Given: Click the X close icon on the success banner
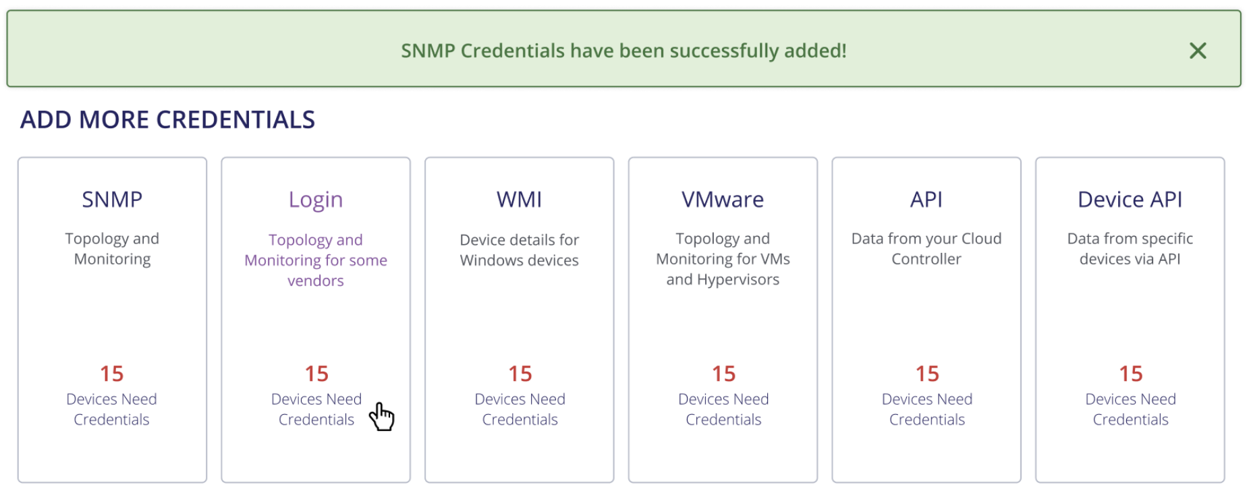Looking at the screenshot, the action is (1198, 51).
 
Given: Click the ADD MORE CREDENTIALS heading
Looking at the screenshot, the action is (167, 120).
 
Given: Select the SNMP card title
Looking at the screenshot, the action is (112, 200).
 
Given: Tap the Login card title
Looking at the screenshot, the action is (316, 200).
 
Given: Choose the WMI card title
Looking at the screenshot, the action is (520, 200).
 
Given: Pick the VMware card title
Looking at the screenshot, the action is (723, 200).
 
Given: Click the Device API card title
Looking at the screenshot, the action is (1130, 200).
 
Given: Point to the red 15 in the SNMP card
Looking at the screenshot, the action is (112, 374).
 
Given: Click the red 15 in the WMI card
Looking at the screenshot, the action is (520, 374).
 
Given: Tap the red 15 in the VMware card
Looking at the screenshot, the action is (724, 374).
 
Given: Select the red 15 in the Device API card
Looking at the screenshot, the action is (1131, 374).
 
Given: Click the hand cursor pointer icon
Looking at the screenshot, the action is (382, 416).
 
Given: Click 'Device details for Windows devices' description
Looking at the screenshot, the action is (520, 250).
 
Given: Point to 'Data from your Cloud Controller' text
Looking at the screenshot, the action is (926, 248).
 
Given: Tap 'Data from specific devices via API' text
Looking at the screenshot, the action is (1130, 248).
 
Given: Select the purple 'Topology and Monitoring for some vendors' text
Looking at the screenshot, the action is (316, 260).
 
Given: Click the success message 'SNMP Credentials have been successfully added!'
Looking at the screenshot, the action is (623, 51).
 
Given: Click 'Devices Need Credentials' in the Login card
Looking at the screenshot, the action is (316, 409).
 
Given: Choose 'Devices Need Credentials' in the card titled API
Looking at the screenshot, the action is (927, 409).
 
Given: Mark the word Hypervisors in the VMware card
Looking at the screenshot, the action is (738, 280).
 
